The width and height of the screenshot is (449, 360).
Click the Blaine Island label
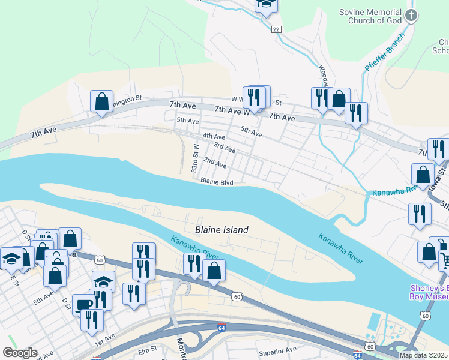click(x=221, y=230)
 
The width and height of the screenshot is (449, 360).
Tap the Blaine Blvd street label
click(x=216, y=181)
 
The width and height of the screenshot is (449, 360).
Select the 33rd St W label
click(x=194, y=158)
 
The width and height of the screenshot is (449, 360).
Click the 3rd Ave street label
click(x=224, y=147)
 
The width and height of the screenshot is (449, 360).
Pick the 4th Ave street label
click(x=214, y=137)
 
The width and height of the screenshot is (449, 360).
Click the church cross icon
click(x=411, y=16)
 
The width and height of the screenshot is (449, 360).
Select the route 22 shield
click(x=276, y=29)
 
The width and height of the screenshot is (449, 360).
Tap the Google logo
click(x=20, y=353)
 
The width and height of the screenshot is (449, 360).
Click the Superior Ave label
click(x=277, y=350)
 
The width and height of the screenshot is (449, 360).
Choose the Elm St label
click(x=147, y=347)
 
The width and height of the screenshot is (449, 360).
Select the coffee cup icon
click(x=82, y=303)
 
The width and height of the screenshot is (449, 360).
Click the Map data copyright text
click(x=423, y=355)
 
